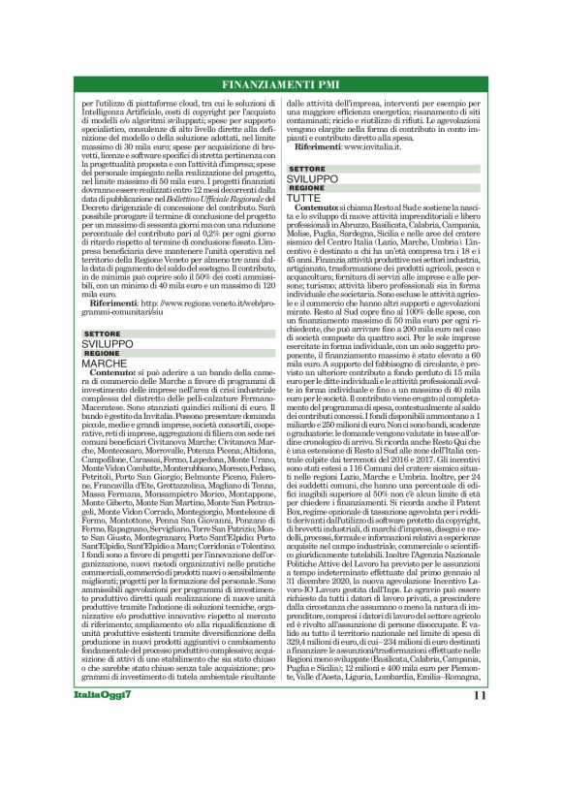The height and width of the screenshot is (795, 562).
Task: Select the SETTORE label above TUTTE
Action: (307, 170)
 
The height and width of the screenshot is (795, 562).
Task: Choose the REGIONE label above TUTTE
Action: (307, 188)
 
